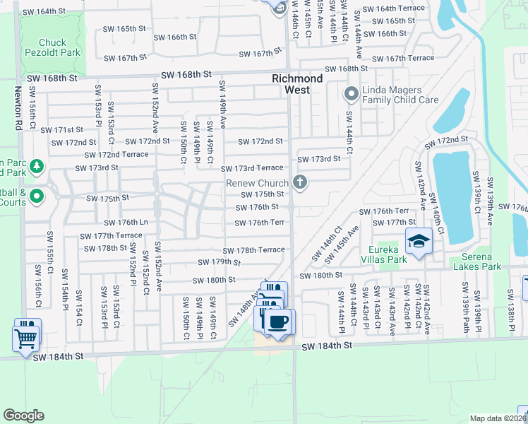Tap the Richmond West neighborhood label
click(297, 84)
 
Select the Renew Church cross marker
click(300, 183)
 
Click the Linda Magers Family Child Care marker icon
click(351, 93)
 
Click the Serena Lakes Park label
click(472, 261)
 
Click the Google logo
click(23, 416)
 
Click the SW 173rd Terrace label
click(252, 168)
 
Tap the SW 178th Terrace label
click(254, 250)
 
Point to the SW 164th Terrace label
click(394, 8)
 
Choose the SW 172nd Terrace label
click(116, 155)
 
